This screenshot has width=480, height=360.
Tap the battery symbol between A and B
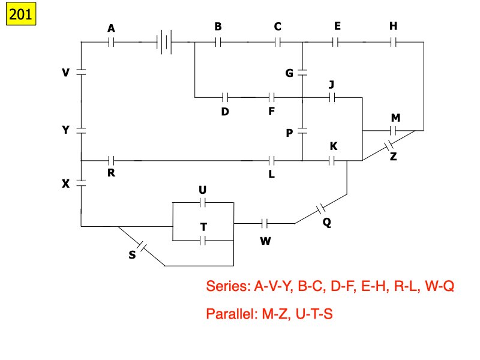click(x=164, y=43)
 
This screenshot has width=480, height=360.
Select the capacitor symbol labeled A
click(x=111, y=43)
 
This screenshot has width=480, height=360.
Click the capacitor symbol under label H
click(x=393, y=43)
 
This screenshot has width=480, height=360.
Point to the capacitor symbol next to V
click(x=81, y=72)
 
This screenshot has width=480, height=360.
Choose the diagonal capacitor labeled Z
click(x=388, y=146)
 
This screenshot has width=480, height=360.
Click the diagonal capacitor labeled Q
click(x=321, y=209)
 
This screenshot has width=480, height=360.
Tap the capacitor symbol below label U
click(x=202, y=202)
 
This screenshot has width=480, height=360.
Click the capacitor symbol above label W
click(x=265, y=224)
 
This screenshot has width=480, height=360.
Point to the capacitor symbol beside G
click(x=303, y=73)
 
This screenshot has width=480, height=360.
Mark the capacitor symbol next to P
click(x=303, y=130)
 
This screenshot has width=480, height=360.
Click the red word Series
click(x=227, y=286)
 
